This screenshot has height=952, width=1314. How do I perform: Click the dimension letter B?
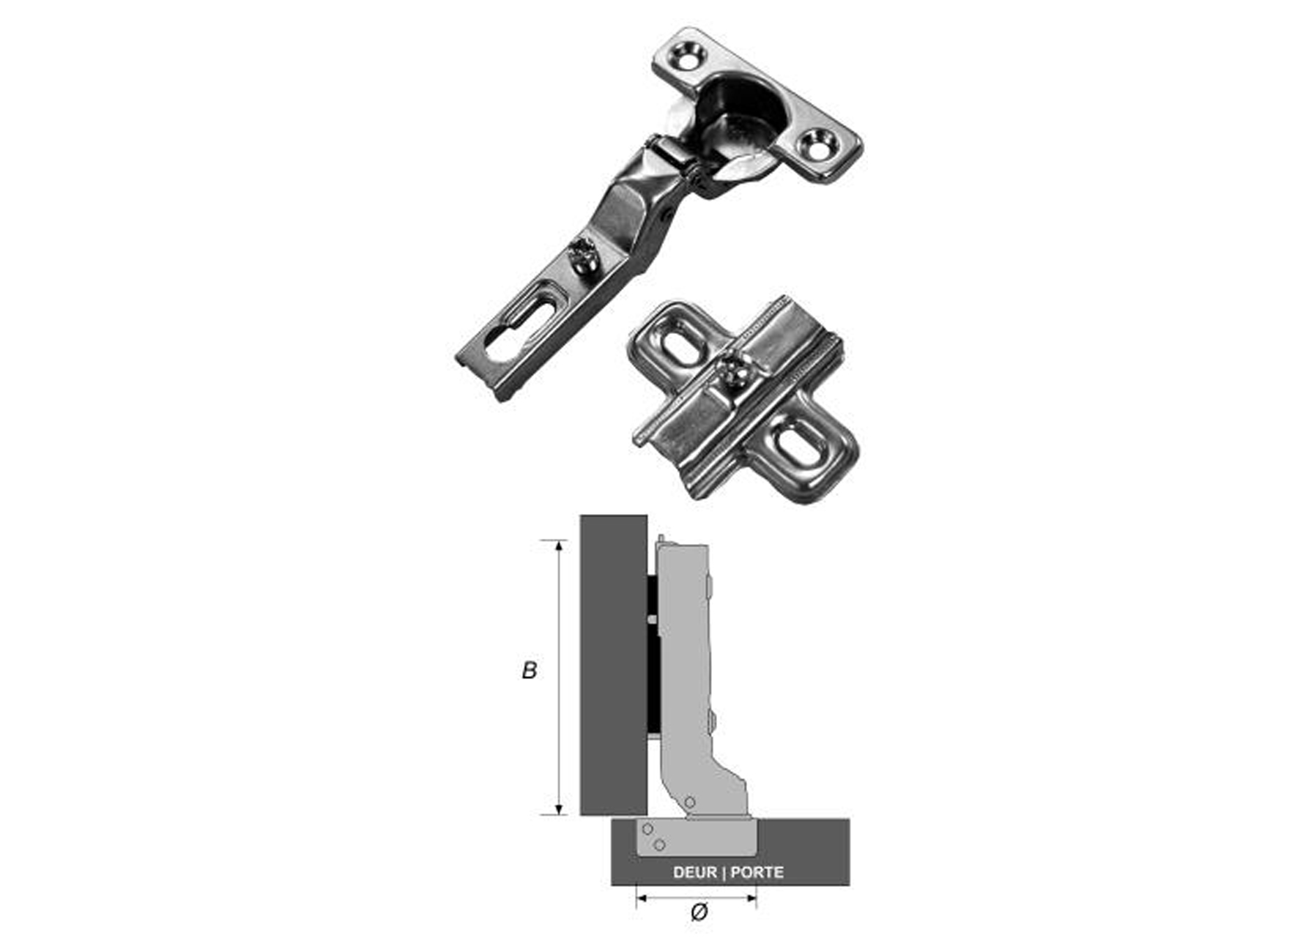coord(529,670)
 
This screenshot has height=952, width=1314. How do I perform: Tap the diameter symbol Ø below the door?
coord(699,912)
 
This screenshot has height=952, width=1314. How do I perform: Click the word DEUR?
coord(695,872)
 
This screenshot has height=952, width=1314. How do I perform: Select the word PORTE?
coord(757,872)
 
